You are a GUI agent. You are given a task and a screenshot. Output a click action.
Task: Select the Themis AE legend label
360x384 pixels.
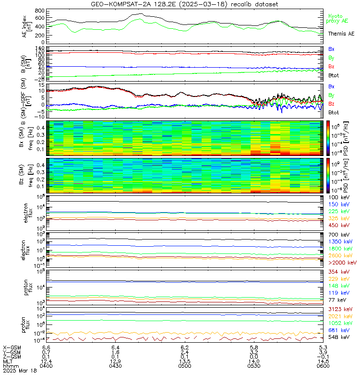click(x=341, y=34)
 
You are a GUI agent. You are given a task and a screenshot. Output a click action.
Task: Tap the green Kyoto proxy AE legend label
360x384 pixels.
click(x=337, y=19)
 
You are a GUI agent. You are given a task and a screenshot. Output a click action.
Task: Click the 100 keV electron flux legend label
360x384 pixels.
click(x=337, y=197)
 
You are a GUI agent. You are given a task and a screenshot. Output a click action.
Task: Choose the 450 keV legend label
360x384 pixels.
click(x=337, y=225)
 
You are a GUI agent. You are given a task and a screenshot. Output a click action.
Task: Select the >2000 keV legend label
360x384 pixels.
click(x=342, y=263)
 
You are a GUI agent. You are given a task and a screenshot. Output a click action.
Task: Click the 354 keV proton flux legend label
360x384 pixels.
click(x=337, y=272)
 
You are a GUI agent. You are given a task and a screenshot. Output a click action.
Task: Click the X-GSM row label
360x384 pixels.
click(x=12, y=347)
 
